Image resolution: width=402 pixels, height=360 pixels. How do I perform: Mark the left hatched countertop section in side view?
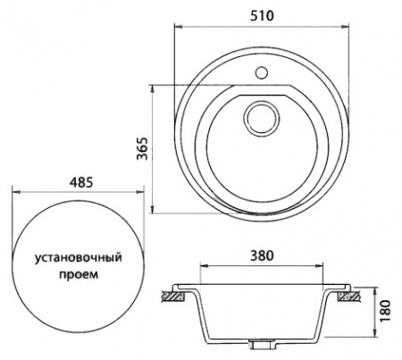tap(172, 292)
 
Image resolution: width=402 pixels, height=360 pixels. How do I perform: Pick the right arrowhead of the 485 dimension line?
tap(143, 191)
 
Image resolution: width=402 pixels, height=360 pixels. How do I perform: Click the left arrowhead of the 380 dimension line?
tap(200, 266)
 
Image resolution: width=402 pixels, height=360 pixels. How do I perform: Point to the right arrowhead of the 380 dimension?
tap(322, 266)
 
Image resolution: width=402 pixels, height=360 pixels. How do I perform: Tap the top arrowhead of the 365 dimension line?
tap(156, 88)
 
